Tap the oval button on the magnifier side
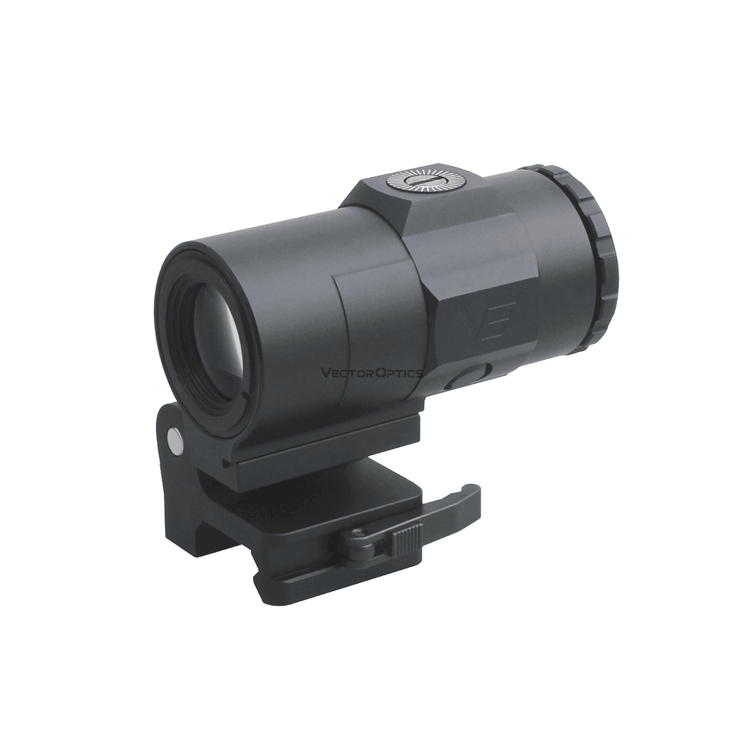[x=472, y=377]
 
